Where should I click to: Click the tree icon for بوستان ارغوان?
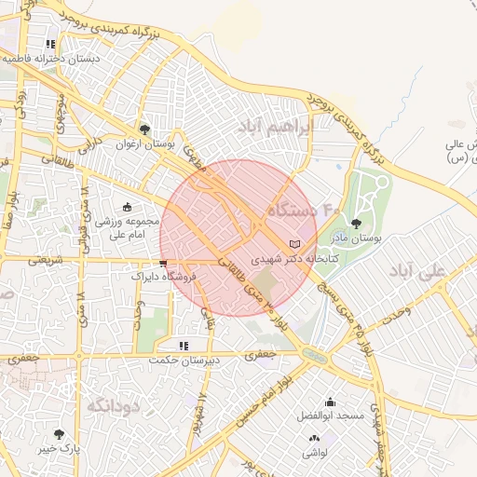[144, 129]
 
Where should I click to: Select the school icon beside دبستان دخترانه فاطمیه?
[50, 44]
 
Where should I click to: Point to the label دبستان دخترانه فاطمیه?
[51, 58]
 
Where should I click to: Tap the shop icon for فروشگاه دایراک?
[164, 264]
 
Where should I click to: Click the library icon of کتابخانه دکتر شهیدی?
[295, 242]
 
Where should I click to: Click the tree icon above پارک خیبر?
[60, 434]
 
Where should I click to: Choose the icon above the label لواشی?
[314, 437]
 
